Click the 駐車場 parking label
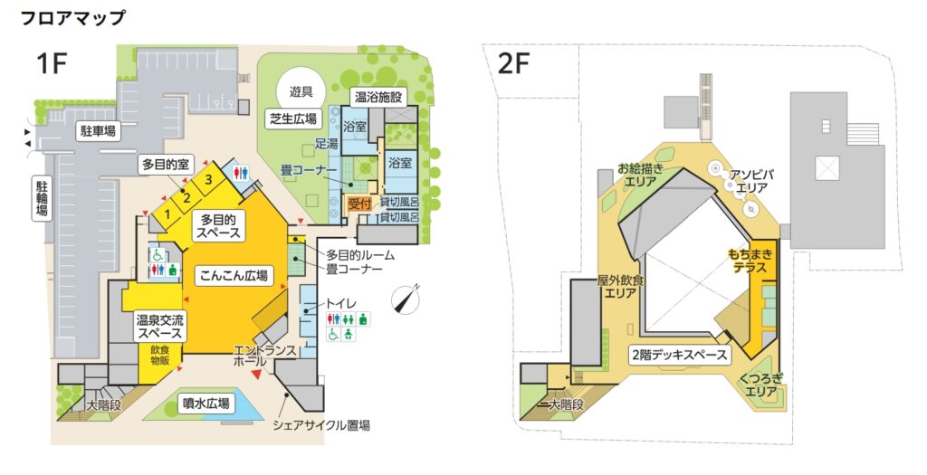[98, 130]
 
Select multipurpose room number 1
[167, 214]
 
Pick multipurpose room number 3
[208, 180]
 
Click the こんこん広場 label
[234, 275]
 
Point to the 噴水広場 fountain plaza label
[205, 404]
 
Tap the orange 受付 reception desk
[358, 204]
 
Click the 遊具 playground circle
[301, 91]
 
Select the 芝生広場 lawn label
[292, 119]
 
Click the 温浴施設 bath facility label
[378, 96]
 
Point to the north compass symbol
[406, 299]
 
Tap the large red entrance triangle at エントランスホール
[256, 374]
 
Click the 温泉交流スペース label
[159, 327]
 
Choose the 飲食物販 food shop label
[159, 355]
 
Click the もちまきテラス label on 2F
[750, 261]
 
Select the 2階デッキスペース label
[679, 355]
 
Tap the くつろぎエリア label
[760, 385]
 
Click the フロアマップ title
[72, 18]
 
